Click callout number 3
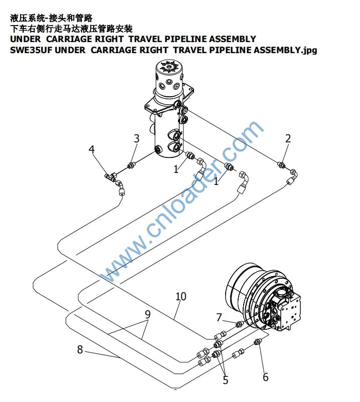[137, 138]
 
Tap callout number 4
[92, 149]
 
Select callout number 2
[288, 138]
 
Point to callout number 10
[181, 296]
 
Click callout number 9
[148, 314]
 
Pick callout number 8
[80, 349]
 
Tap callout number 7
[219, 317]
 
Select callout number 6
[266, 377]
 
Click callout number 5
[226, 380]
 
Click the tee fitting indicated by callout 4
[110, 177]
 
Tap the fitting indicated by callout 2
[282, 164]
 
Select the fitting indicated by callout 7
[239, 324]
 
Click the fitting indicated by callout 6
[257, 342]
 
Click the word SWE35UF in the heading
[31, 50]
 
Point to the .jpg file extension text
[309, 50]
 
